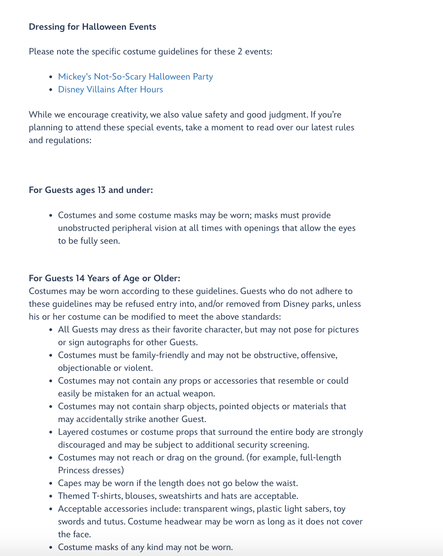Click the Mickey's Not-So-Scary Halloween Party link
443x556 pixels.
135,77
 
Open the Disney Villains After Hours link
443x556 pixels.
110,90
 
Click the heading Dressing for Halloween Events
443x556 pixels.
92,27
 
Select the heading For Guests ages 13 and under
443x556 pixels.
90,190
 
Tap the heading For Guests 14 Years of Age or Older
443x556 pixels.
104,278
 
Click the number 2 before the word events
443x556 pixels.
239,51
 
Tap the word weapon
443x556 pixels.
198,394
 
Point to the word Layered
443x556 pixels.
74,432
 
